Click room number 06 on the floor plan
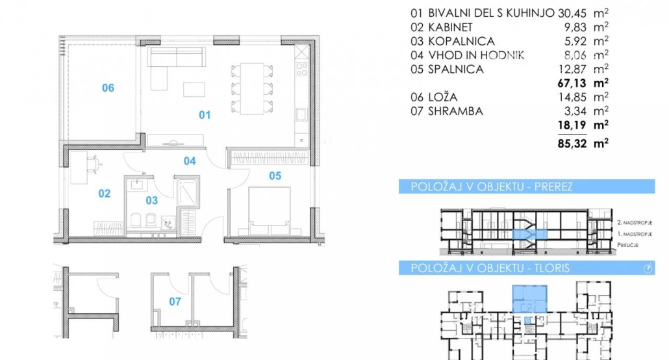click(108, 88)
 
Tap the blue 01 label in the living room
click(205, 115)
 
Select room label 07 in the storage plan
click(175, 302)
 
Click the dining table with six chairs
click(252, 88)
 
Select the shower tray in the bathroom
click(187, 192)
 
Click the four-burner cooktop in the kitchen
click(301, 69)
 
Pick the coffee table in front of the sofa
click(194, 89)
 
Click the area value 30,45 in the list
click(572, 13)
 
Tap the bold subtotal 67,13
click(572, 83)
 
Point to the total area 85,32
click(572, 143)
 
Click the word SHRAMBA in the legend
click(456, 111)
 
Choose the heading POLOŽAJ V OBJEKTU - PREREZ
click(492, 186)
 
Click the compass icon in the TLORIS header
click(648, 268)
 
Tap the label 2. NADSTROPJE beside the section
click(635, 222)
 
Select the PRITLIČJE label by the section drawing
click(627, 245)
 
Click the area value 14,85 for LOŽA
click(572, 97)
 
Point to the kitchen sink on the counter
click(301, 114)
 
